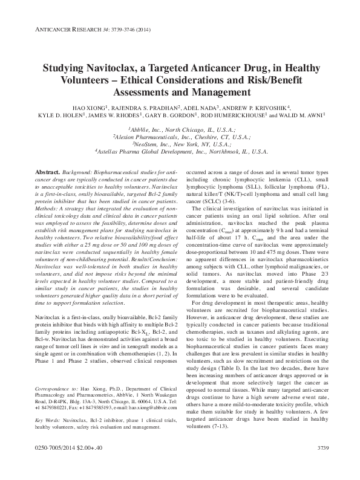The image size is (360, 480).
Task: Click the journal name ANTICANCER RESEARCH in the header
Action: click(x=58, y=28)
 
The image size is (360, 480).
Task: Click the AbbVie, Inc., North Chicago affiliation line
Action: click(x=180, y=129)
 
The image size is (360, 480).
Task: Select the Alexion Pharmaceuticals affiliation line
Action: click(x=180, y=137)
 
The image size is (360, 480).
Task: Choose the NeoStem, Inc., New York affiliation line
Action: click(x=180, y=145)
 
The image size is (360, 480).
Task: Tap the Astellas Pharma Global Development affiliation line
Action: click(x=180, y=153)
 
